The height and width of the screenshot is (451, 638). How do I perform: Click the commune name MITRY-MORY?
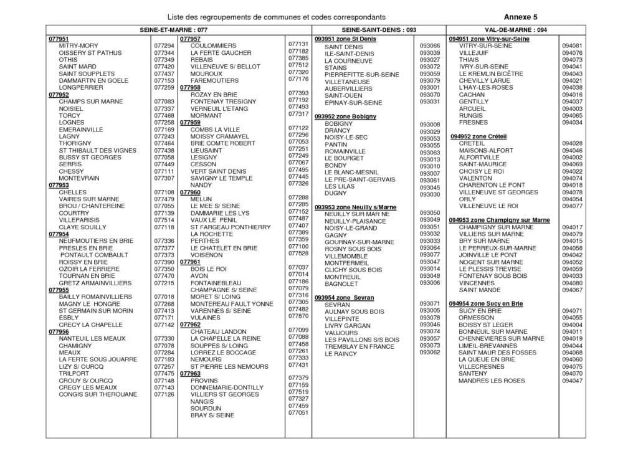click(79, 46)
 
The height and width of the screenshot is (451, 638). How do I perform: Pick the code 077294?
click(163, 46)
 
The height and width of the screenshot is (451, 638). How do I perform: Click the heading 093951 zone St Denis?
click(346, 39)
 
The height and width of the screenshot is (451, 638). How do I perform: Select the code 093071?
click(430, 303)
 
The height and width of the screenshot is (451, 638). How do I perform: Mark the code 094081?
click(571, 46)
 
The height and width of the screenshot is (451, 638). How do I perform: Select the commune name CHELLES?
click(72, 192)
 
